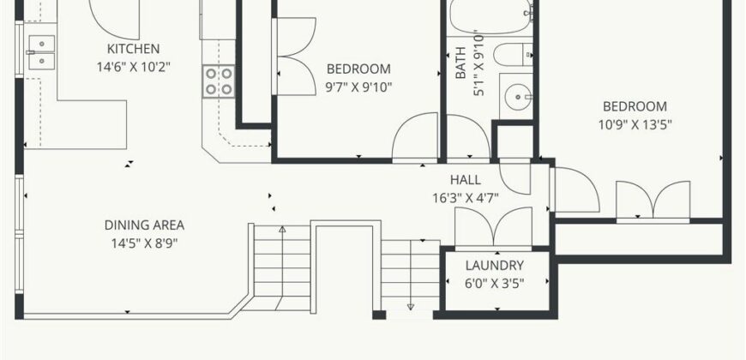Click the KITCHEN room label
(133, 48)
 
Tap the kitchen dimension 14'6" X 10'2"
(133, 65)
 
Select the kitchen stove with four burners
(219, 81)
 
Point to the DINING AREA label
(144, 225)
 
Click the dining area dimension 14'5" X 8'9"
(144, 243)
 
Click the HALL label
(466, 180)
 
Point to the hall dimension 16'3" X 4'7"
(466, 197)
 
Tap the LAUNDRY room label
(495, 266)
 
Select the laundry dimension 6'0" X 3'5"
(495, 282)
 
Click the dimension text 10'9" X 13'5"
(635, 123)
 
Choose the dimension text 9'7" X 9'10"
(358, 86)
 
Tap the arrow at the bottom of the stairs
(411, 305)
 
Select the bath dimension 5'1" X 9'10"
(478, 64)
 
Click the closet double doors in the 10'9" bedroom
(653, 202)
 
